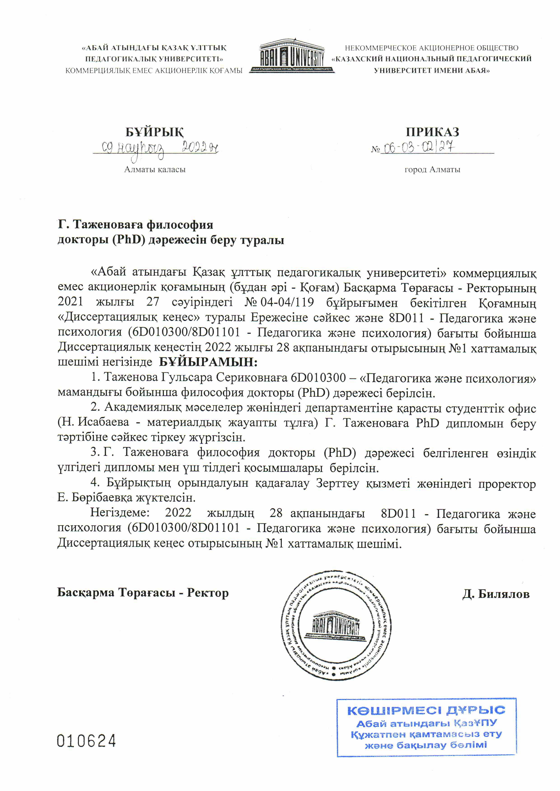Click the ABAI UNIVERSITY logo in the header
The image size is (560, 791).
click(292, 56)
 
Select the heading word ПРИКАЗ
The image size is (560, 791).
click(432, 132)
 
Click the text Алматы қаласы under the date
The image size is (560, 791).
click(155, 170)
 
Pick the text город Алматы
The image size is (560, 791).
click(432, 170)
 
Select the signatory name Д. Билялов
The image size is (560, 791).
click(496, 594)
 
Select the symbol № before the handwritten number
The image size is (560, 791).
click(375, 150)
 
